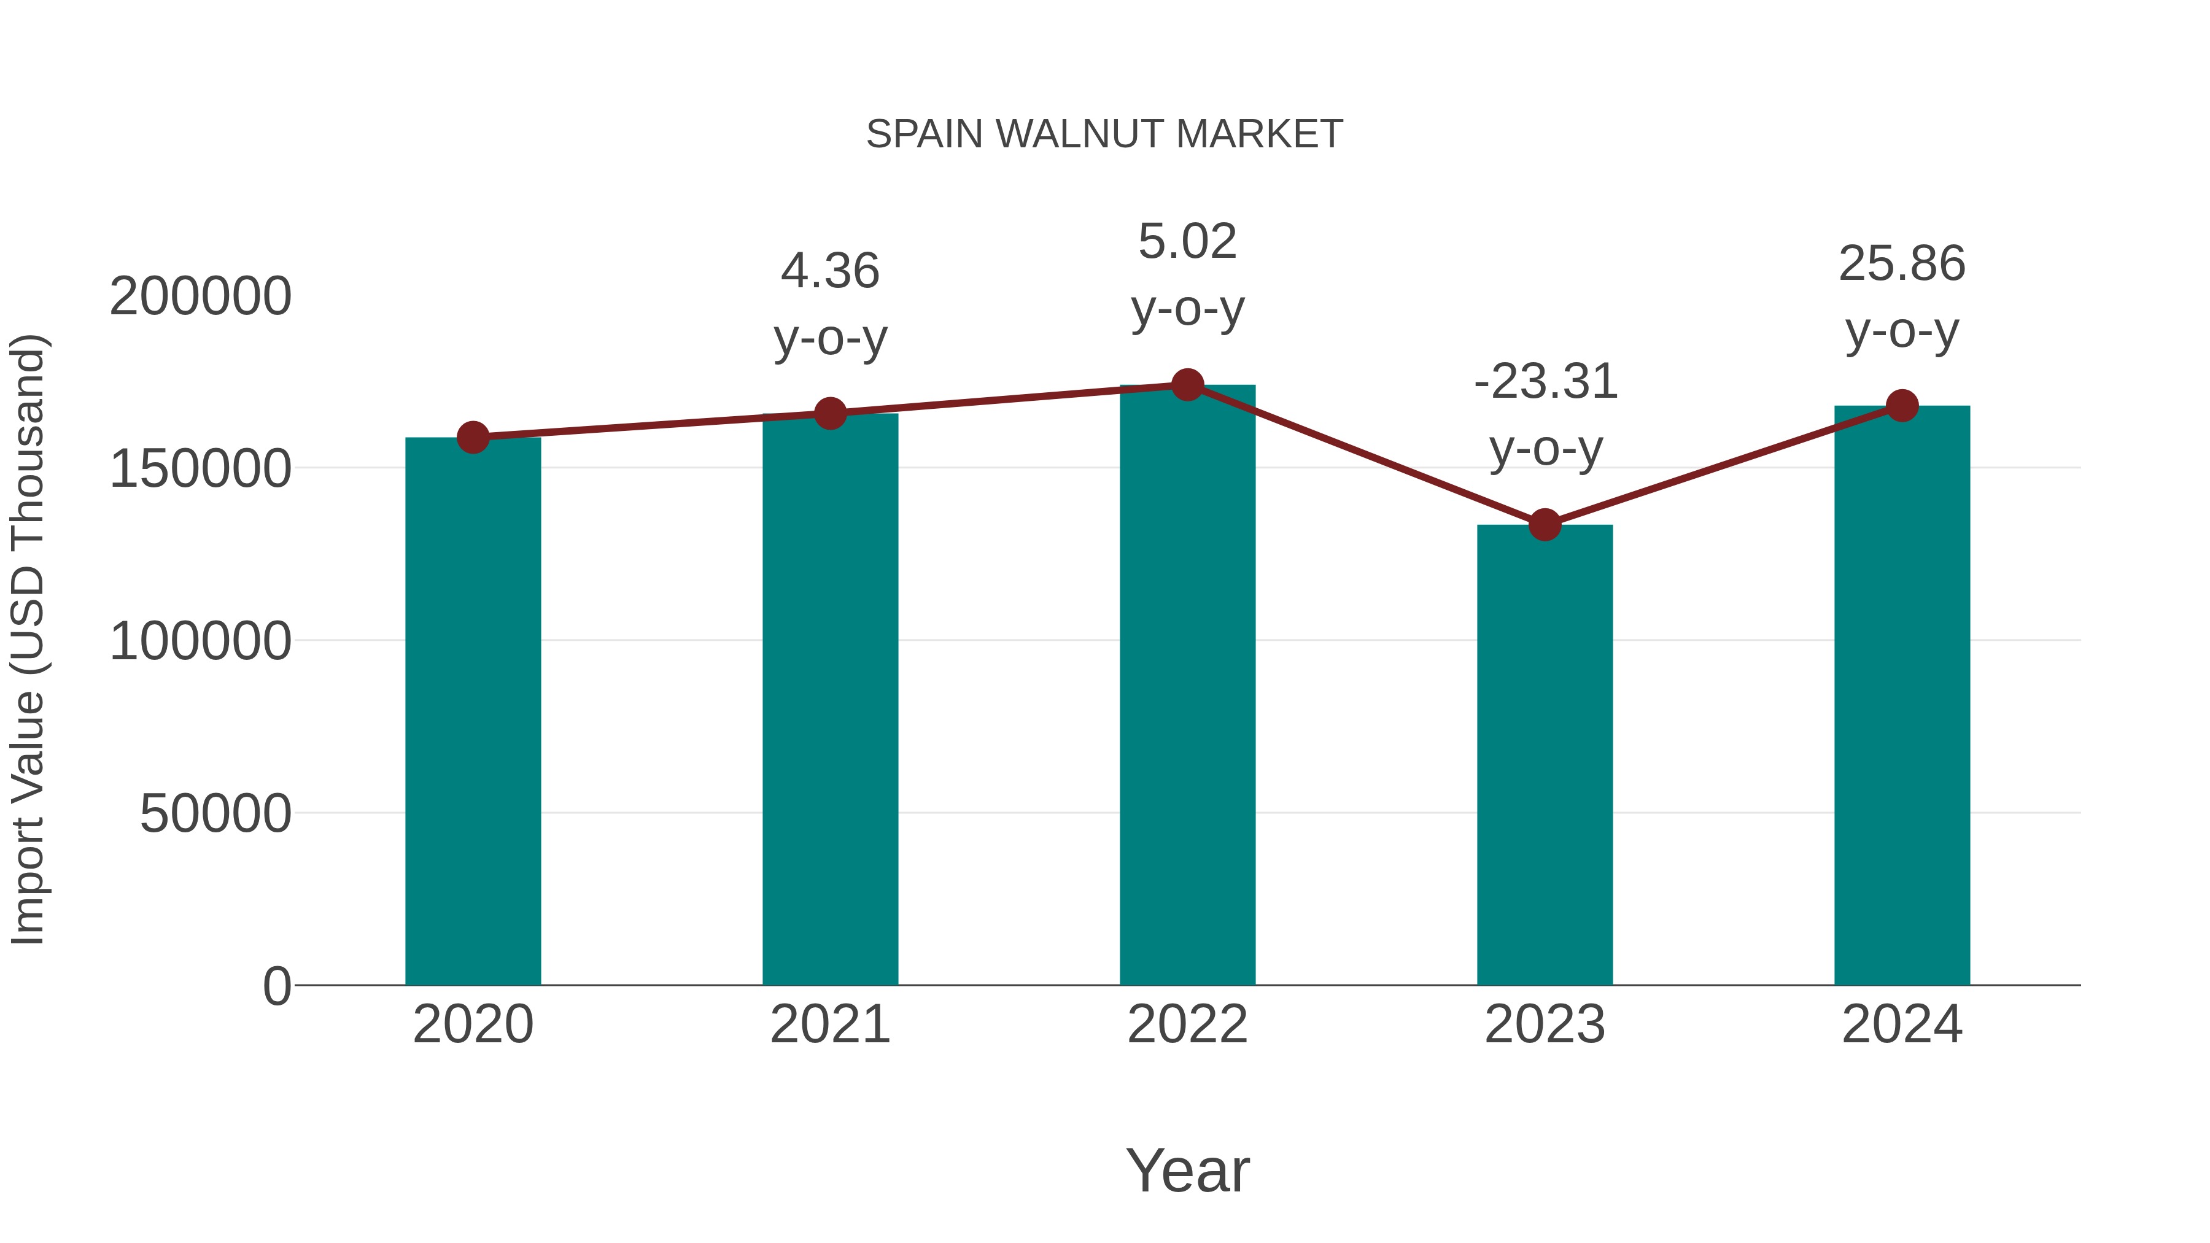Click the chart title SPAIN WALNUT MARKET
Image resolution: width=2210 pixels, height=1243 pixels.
click(x=1104, y=134)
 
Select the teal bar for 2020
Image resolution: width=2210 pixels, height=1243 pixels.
click(x=473, y=712)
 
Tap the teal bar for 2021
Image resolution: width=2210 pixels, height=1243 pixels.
click(x=829, y=699)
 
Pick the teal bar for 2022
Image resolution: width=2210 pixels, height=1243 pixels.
click(x=1187, y=686)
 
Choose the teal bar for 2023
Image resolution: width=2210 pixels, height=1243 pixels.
click(x=1545, y=755)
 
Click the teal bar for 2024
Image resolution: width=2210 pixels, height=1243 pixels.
click(x=1902, y=695)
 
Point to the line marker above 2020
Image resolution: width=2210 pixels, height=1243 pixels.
click(x=473, y=438)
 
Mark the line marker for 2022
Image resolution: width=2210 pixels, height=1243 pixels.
click(x=1187, y=385)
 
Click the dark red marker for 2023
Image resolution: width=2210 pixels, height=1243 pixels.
click(x=1545, y=524)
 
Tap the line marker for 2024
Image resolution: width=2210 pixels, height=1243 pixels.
click(x=1902, y=406)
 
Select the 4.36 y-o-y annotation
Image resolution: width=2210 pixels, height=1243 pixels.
click(x=829, y=304)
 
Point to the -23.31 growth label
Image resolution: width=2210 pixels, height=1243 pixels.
click(x=1545, y=414)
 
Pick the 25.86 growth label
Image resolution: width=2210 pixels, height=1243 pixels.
click(x=1902, y=297)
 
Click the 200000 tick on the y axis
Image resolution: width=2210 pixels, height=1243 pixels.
click(x=201, y=297)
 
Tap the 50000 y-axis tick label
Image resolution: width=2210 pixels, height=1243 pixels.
click(x=215, y=813)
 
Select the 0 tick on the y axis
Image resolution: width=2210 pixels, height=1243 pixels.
click(x=277, y=986)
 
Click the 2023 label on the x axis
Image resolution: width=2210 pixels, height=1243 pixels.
click(x=1545, y=1024)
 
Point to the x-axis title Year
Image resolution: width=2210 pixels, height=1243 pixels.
click(x=1187, y=1170)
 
